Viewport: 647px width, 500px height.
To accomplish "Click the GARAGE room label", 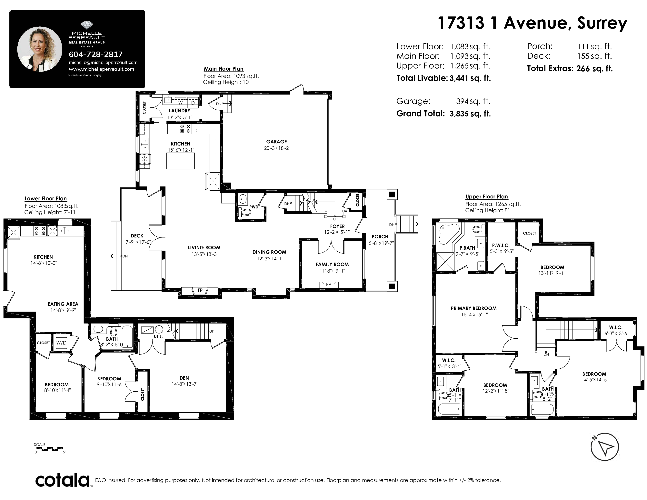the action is point(276,142).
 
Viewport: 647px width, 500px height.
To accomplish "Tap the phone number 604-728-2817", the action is point(95,54).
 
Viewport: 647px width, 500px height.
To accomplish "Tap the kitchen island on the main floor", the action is point(180,161).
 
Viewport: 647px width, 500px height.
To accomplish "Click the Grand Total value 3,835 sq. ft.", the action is point(470,114).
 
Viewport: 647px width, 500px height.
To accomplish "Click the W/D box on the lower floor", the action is point(61,343).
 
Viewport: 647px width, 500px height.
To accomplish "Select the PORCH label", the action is point(380,236).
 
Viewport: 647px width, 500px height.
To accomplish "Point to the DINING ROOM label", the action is point(269,252).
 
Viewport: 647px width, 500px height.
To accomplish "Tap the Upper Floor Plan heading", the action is point(486,197).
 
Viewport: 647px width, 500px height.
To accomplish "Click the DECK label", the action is point(137,236).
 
